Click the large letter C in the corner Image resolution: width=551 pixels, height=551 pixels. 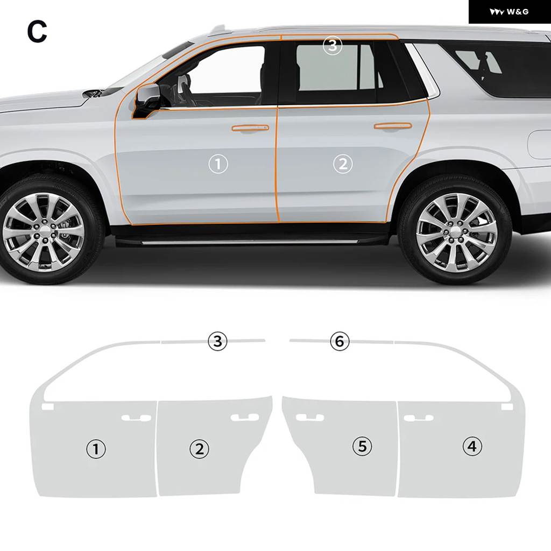(x=37, y=31)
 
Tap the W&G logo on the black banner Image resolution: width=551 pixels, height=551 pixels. (x=509, y=12)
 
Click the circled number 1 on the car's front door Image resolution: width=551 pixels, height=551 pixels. (x=218, y=164)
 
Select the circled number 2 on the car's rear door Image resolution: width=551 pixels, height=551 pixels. (x=343, y=164)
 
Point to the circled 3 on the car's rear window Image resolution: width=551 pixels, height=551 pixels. (x=333, y=45)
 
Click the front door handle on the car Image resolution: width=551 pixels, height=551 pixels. (x=250, y=128)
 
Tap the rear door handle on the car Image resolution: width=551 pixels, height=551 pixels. (x=392, y=126)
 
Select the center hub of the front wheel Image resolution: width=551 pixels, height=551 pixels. (x=45, y=231)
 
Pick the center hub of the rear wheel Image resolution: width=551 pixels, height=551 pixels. (x=456, y=231)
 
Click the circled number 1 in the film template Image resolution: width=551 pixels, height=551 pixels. (x=96, y=449)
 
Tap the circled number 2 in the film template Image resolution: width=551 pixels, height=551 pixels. (x=199, y=449)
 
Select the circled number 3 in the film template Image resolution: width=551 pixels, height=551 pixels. (x=217, y=341)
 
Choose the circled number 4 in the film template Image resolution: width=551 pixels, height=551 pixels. (x=472, y=446)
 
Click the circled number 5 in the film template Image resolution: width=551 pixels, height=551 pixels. (x=362, y=446)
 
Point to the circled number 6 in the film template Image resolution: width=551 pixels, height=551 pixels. (x=340, y=341)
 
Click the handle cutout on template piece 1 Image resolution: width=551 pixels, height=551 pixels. (x=136, y=418)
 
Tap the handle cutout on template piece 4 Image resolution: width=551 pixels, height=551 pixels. (x=419, y=418)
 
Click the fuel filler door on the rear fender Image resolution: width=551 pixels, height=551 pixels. (x=540, y=144)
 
